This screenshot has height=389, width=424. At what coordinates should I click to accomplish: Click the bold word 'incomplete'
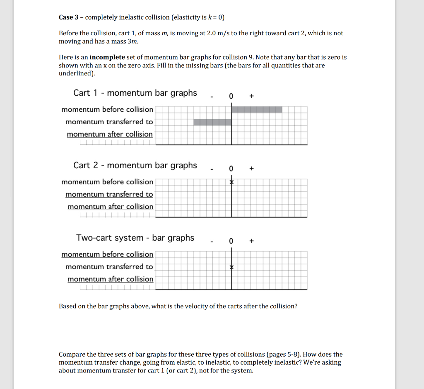(x=107, y=58)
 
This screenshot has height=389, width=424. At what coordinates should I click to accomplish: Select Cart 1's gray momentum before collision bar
(x=257, y=110)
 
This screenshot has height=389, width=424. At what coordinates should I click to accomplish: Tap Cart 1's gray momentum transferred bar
(x=212, y=122)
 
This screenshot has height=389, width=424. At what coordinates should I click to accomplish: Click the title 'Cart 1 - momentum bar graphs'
(x=135, y=93)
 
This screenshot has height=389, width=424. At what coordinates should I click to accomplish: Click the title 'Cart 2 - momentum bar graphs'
(x=135, y=165)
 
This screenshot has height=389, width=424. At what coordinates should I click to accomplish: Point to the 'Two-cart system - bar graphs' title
(x=135, y=238)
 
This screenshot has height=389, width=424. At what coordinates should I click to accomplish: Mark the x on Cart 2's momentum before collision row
(x=232, y=182)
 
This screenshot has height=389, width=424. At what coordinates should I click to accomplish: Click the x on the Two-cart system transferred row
(x=232, y=268)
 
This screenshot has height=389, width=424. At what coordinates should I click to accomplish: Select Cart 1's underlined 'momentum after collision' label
(x=110, y=134)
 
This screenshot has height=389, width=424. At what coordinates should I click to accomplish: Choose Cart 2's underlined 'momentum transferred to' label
(x=109, y=194)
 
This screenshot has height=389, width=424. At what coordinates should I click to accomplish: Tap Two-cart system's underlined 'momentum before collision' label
(x=107, y=254)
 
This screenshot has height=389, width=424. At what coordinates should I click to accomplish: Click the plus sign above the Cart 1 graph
(x=251, y=96)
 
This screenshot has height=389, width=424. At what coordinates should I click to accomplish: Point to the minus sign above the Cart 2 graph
(x=211, y=169)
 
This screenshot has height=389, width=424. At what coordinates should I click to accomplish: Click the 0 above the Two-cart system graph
(x=231, y=241)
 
